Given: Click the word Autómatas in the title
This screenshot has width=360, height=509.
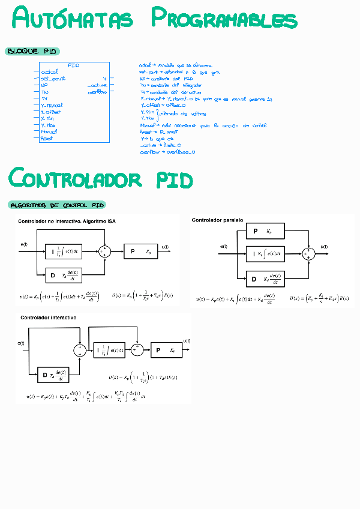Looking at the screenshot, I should (73, 19).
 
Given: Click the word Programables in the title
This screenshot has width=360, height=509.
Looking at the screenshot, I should (223, 19).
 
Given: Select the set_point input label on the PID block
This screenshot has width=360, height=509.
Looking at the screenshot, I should (53, 79).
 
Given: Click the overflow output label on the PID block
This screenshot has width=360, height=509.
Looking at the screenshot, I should (97, 92).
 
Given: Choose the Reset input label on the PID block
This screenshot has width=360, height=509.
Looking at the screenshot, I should (46, 138).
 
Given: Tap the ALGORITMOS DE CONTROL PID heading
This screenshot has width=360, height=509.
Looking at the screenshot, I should (58, 205).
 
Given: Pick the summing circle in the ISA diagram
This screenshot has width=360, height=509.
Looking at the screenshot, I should (106, 251).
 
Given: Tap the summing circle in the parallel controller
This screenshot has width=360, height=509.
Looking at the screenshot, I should (308, 254).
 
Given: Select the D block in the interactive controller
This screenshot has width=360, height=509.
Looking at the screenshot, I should (53, 375).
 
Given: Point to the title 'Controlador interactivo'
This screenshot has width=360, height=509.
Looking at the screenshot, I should (48, 317).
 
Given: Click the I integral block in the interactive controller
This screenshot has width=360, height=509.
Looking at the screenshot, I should (110, 350).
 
